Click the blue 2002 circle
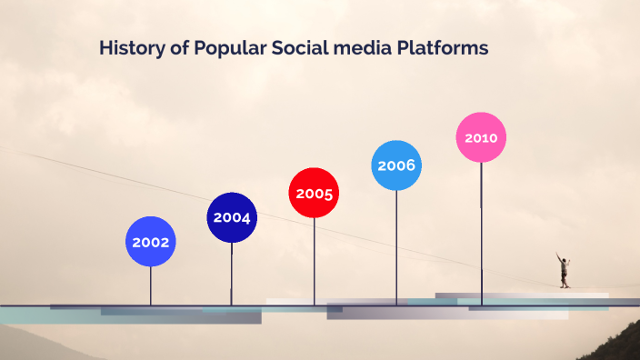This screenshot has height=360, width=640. [x=150, y=242]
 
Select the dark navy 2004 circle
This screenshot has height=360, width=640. [x=232, y=217]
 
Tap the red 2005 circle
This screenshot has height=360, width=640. [x=314, y=193]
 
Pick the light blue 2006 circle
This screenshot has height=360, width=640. [x=396, y=165]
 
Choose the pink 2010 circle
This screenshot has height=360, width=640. [x=481, y=137]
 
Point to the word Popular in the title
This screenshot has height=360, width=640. [x=229, y=48]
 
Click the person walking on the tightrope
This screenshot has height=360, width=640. [x=564, y=270]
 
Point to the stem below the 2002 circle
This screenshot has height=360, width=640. [x=150, y=286]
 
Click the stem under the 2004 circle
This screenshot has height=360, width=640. [x=232, y=274]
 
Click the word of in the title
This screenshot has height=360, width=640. [x=179, y=48]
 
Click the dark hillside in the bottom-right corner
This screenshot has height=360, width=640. [x=618, y=348]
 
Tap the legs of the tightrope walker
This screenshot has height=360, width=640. [x=565, y=281]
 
